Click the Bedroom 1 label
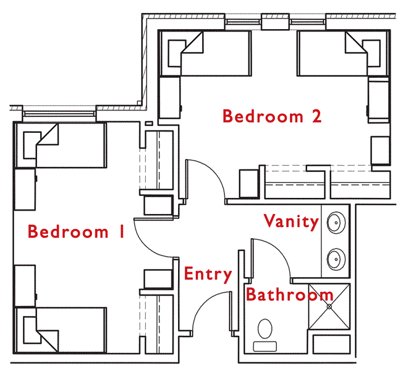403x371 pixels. click(76, 232)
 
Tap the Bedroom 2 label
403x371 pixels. click(272, 116)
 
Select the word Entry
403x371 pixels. click(208, 274)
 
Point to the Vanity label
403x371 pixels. click(291, 221)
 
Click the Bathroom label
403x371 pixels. click(289, 294)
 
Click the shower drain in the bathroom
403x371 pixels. click(329, 306)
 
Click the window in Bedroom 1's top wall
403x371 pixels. click(60, 113)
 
